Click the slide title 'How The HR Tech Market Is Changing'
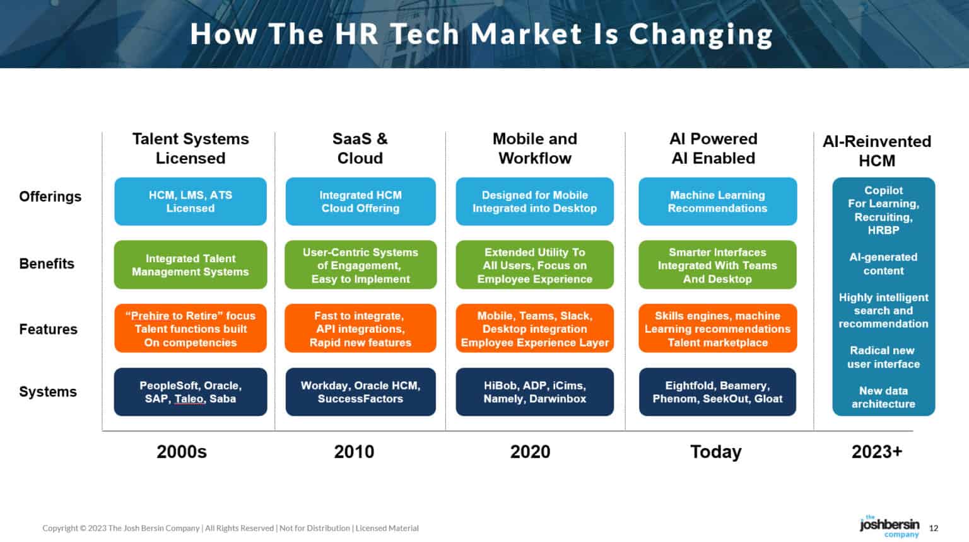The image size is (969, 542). pos(481,34)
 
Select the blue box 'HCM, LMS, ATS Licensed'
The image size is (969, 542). pos(191,202)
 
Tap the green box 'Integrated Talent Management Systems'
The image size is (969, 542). pos(191,265)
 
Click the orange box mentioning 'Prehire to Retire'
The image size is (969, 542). pos(191,328)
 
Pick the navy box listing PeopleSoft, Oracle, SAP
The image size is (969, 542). pos(191,392)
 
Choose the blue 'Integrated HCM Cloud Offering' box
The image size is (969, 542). pos(360,202)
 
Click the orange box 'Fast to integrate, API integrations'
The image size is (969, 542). pos(360,328)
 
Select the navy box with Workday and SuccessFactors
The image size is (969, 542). pos(360,392)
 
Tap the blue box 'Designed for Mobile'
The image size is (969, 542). pos(534,202)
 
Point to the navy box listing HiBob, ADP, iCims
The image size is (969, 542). pos(534,392)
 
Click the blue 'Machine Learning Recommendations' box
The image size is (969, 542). pos(717,202)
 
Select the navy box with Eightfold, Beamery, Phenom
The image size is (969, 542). pos(717,392)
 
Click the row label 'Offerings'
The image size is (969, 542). pos(50,197)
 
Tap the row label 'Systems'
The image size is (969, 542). pos(48,392)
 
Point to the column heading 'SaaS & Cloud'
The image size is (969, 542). pos(360,148)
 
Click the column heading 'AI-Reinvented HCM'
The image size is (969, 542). pos(877,151)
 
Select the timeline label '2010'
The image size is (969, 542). pos(354,452)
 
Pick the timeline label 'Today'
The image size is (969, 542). pos(716,452)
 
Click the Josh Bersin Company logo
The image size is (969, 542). pos(890,526)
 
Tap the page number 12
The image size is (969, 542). pos(934,528)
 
